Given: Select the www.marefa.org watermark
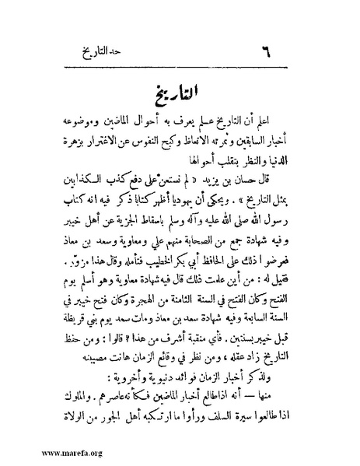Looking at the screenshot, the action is [x=40, y=451].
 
